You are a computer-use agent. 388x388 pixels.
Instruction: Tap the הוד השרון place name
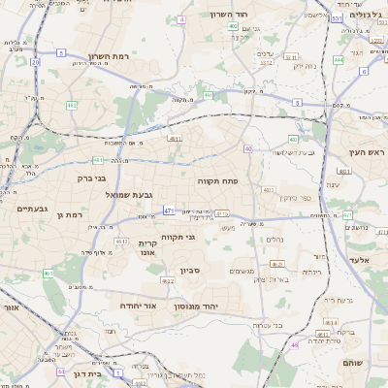230,15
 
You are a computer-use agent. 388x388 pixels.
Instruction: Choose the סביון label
189,271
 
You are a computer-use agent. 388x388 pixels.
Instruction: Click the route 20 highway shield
35,62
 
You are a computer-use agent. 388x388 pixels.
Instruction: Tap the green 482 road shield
72,105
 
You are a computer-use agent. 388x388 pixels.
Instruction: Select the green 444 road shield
339,60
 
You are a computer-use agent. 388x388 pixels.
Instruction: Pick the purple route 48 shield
294,344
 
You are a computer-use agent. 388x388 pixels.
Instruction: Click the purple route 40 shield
248,148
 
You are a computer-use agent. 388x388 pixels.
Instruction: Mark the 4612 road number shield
121,241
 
